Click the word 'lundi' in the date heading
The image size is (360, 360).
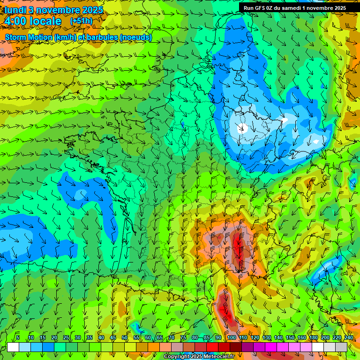(15, 10)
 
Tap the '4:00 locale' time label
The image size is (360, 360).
(33, 21)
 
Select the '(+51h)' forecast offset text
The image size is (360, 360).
(81, 21)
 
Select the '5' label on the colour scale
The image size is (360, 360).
(18, 337)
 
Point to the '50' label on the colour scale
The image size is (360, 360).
(125, 337)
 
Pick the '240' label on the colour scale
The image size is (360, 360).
(348, 337)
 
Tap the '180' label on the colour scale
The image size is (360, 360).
(313, 337)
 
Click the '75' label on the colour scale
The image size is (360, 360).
(183, 337)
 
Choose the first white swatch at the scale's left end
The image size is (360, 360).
(13, 347)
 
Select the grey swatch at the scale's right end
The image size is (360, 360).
(342, 347)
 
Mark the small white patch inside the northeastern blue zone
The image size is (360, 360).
(243, 127)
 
